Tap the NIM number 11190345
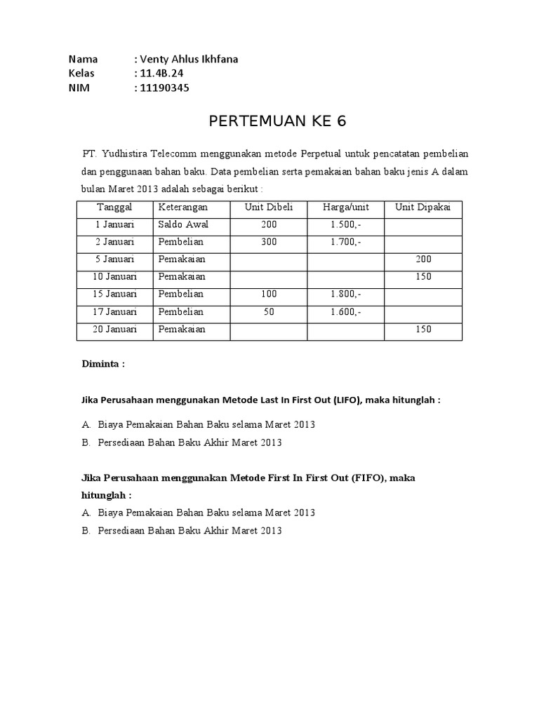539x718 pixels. (x=164, y=88)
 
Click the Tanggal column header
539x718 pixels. (x=114, y=208)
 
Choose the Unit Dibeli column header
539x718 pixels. (x=268, y=208)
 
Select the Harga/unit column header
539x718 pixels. (x=345, y=208)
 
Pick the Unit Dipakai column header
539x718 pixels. (x=423, y=208)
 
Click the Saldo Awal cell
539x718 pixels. (x=183, y=225)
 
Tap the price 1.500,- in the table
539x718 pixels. (x=345, y=225)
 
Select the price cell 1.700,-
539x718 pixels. (x=345, y=242)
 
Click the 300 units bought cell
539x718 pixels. (x=268, y=242)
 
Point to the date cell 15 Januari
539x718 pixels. (x=115, y=294)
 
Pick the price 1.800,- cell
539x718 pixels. (x=345, y=294)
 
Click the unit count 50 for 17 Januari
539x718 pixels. (x=268, y=311)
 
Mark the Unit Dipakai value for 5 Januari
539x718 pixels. (x=423, y=259)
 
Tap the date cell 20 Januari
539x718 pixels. (x=115, y=329)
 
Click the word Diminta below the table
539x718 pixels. (x=102, y=365)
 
